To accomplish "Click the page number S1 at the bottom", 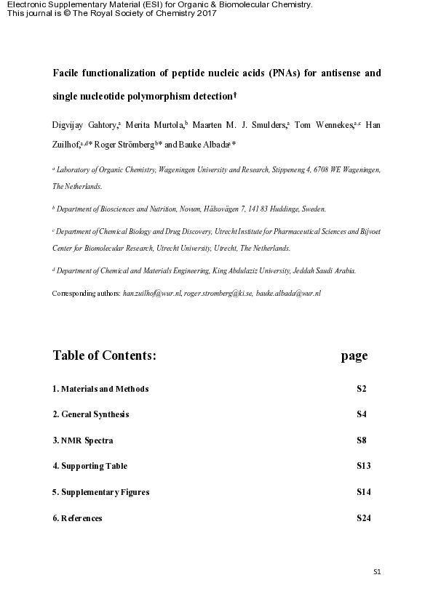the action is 377,572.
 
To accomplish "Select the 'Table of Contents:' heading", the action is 104,355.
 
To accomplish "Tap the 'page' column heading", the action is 354,355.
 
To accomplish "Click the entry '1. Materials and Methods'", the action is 100,389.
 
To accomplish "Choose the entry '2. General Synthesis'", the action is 91,414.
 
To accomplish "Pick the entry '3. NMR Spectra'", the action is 83,440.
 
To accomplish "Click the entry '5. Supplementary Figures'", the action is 101,492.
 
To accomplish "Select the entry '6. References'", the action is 77,518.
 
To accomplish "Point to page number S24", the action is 364,518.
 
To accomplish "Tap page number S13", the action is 364,466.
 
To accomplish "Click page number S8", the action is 362,440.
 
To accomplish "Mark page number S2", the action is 362,389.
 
